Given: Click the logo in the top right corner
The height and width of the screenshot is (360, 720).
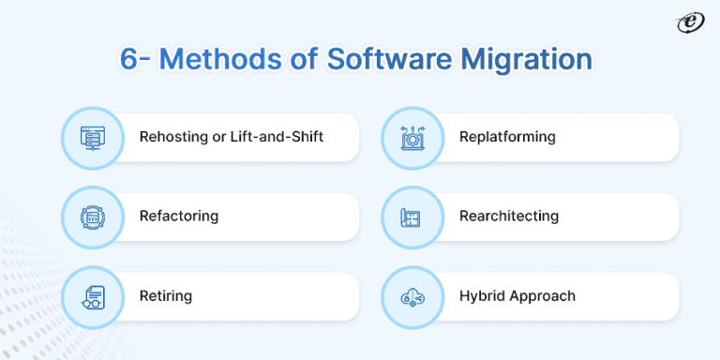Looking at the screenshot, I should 692,22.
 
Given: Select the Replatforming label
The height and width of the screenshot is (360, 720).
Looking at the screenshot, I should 507,137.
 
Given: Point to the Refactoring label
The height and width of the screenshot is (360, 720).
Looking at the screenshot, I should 179,216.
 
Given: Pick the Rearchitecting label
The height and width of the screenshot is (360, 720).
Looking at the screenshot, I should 509,216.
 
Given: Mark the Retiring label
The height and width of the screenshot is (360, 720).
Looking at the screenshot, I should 166,295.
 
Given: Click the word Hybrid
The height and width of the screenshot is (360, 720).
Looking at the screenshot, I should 481,296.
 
